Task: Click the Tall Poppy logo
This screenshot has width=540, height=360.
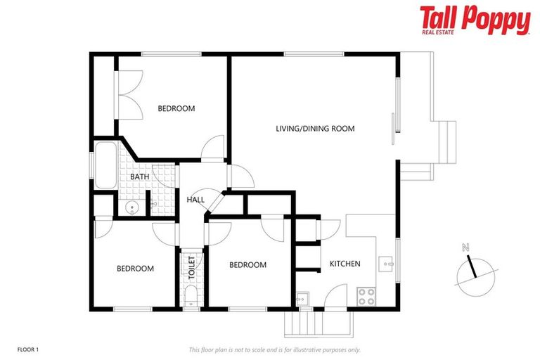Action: pyautogui.click(x=475, y=19)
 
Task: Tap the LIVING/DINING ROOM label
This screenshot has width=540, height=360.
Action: pyautogui.click(x=314, y=129)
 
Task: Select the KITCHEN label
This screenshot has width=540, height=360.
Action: pyautogui.click(x=345, y=264)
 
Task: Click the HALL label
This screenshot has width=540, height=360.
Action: pyautogui.click(x=195, y=200)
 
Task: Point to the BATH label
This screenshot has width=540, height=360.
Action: pyautogui.click(x=139, y=176)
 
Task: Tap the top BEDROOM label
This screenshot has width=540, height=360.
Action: pyautogui.click(x=176, y=108)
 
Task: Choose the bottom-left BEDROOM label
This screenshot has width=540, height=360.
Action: pyautogui.click(x=135, y=268)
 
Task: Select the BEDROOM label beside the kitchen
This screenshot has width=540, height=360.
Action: pyautogui.click(x=247, y=265)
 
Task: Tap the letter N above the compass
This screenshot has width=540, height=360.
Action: pyautogui.click(x=465, y=247)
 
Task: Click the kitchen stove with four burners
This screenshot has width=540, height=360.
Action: pyautogui.click(x=366, y=296)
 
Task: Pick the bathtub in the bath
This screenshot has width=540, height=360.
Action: pyautogui.click(x=106, y=165)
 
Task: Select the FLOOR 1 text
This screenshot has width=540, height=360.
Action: pyautogui.click(x=27, y=349)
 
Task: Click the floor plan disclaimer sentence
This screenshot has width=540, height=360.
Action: pyautogui.click(x=275, y=349)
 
